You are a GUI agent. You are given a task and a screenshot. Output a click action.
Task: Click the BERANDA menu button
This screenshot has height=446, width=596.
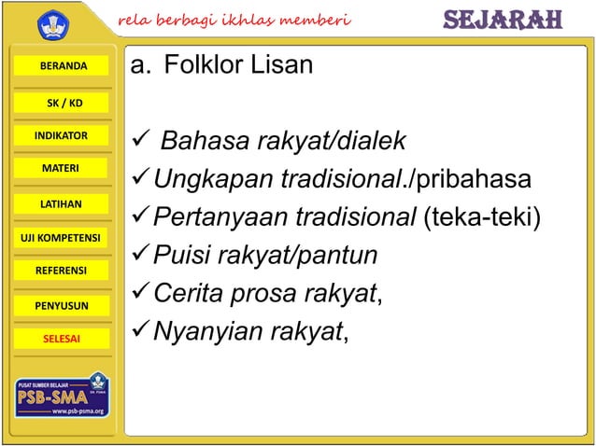tap(63, 67)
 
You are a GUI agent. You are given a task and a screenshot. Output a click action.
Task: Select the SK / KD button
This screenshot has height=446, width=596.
tap(63, 102)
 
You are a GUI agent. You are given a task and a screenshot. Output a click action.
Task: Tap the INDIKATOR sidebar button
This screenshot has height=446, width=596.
tap(63, 136)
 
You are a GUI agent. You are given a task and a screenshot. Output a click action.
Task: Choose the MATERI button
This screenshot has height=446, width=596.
tap(63, 169)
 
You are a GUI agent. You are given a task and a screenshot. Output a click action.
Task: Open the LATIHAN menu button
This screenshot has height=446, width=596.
tap(63, 203)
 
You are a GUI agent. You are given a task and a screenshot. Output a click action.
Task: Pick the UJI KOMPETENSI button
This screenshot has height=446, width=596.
tap(61, 237)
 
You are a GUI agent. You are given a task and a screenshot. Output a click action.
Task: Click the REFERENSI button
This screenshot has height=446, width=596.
tap(63, 271)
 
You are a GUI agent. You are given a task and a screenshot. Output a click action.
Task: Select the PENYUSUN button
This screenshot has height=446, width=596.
tap(63, 305)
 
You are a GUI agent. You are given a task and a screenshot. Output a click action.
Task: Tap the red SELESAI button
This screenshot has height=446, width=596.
tap(63, 339)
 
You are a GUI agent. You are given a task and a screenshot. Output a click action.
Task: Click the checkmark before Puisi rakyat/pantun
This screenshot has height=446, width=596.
tap(138, 255)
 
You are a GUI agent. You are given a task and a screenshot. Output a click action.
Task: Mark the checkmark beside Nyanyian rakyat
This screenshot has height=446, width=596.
tap(138, 330)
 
